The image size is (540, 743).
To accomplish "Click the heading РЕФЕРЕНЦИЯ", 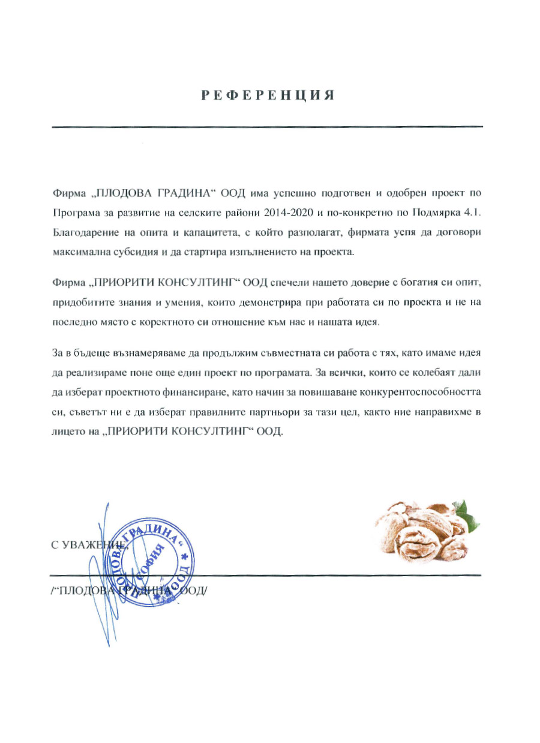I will pos(267,95).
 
